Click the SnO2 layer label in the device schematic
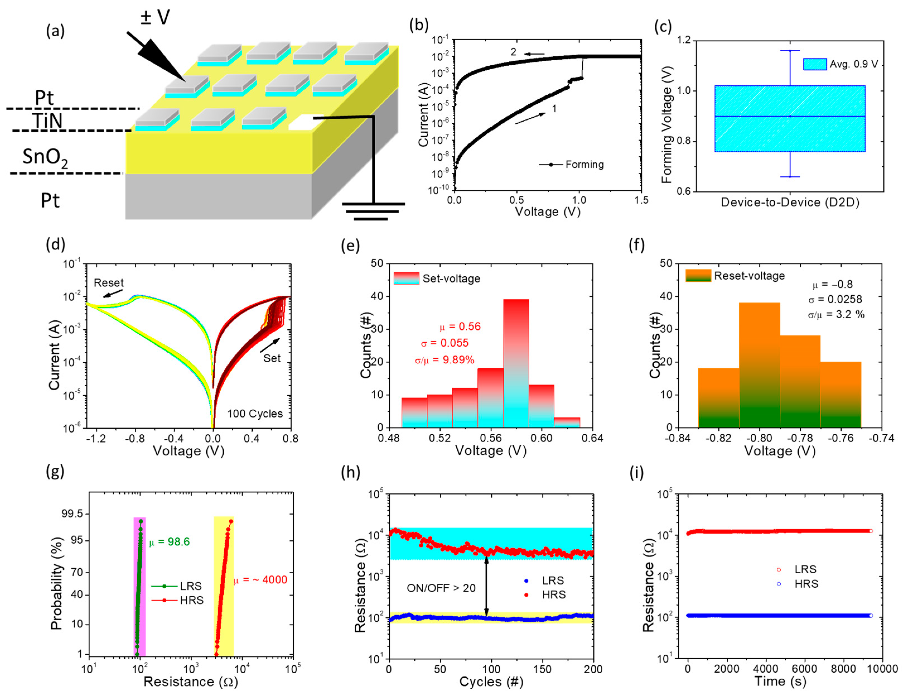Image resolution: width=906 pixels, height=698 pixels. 45,158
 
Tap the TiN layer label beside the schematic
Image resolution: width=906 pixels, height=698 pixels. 47,121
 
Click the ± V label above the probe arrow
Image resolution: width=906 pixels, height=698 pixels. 155,17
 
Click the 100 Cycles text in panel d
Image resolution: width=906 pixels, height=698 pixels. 255,414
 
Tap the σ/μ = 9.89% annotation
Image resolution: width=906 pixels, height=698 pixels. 444,359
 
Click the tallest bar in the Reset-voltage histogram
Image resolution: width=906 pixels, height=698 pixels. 759,365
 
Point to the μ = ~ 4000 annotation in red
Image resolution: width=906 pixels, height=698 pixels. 260,579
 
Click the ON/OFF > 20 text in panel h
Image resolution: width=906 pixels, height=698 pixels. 441,588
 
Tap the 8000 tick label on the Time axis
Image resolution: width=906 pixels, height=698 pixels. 843,669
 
